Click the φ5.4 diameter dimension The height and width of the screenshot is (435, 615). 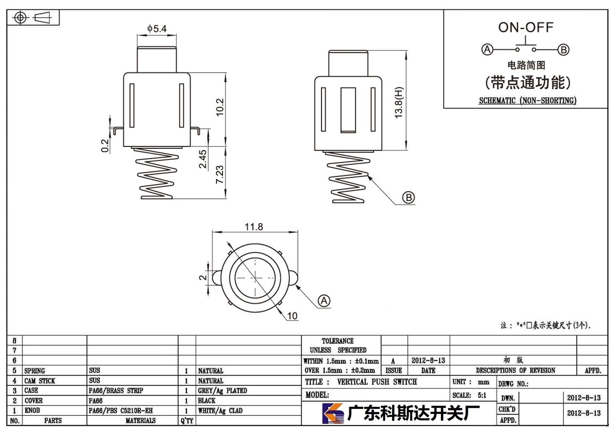point(157,28)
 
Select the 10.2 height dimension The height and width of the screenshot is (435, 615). point(220,107)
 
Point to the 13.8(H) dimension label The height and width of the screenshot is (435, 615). point(398,102)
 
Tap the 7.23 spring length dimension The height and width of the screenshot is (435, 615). point(219,174)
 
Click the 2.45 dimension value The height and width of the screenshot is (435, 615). point(203,159)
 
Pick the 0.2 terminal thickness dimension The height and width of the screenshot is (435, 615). point(105,146)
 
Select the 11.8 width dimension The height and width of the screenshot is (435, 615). point(254,227)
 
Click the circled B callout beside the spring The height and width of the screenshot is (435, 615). point(409,198)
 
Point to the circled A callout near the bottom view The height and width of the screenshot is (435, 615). point(324,301)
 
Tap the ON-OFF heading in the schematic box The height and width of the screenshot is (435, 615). point(526,27)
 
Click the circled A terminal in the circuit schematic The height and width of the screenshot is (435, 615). point(487,50)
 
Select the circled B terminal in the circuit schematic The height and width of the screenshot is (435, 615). point(563,50)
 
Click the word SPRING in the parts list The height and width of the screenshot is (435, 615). point(35,371)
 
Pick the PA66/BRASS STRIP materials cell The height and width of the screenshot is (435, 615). point(116,390)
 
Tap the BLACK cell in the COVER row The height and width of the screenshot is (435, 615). point(206,400)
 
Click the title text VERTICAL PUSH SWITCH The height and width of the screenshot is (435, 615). point(377,382)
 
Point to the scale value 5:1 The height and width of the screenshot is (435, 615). point(482,395)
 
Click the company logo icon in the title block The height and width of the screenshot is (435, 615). point(333,413)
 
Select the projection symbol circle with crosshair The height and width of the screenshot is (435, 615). point(20,18)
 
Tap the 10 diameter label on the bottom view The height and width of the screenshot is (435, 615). point(293,316)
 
